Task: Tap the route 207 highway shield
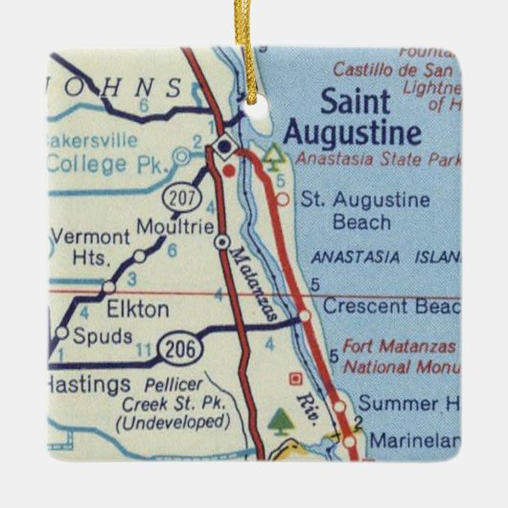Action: tap(182, 198)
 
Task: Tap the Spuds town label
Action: tap(104, 336)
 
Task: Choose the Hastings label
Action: tap(86, 384)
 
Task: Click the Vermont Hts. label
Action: tap(88, 245)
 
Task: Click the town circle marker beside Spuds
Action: tap(63, 334)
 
